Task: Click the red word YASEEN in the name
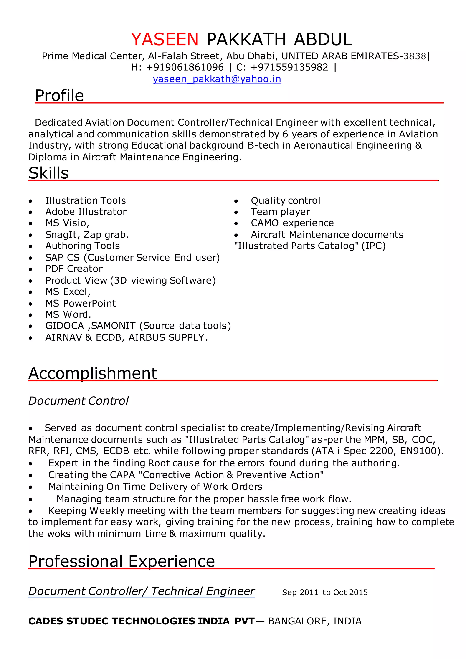point(165,39)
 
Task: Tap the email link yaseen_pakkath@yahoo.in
point(217,79)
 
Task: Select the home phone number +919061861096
point(185,67)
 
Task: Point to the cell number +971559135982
point(289,67)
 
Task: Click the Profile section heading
point(59,95)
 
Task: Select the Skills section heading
point(48,173)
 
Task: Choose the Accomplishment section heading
point(93,373)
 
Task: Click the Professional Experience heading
point(122,561)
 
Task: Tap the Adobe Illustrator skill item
point(86,212)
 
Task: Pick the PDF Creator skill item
point(74,269)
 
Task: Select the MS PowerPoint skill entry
point(80,303)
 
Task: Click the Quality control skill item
point(285,200)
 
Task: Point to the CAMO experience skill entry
point(292,223)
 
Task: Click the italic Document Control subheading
point(78,401)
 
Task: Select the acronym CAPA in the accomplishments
point(122,475)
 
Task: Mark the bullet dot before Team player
point(236,212)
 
